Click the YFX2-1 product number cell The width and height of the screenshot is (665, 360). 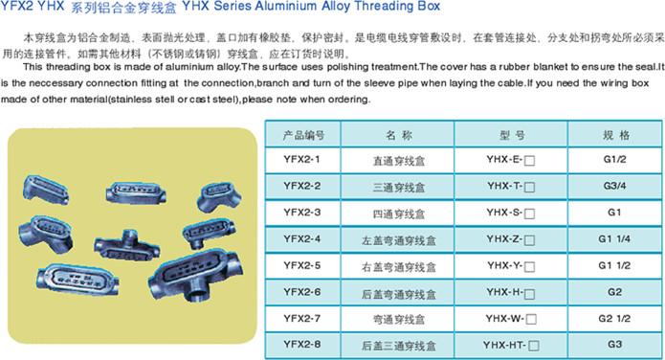coord(302,160)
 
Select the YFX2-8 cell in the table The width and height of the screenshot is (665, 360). coord(302,345)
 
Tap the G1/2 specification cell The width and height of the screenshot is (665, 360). coord(614,160)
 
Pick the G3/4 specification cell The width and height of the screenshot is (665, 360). coord(614,186)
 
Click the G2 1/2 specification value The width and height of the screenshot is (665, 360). coord(614,319)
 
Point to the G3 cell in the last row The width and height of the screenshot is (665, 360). coord(614,345)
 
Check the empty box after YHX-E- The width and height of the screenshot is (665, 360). coord(529,161)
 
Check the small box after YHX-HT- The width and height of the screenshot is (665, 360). coord(534,346)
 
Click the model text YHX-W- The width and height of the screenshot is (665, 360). coord(505,319)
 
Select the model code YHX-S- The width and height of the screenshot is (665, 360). coord(504,213)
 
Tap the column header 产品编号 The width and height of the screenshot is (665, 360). coord(303,135)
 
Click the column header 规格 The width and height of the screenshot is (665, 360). coord(616,135)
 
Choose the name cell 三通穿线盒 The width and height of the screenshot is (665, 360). coord(399,187)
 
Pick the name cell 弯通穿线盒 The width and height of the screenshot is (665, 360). coord(399,319)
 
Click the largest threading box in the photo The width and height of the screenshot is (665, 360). coord(195,274)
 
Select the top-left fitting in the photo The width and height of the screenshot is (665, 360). coord(46,190)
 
